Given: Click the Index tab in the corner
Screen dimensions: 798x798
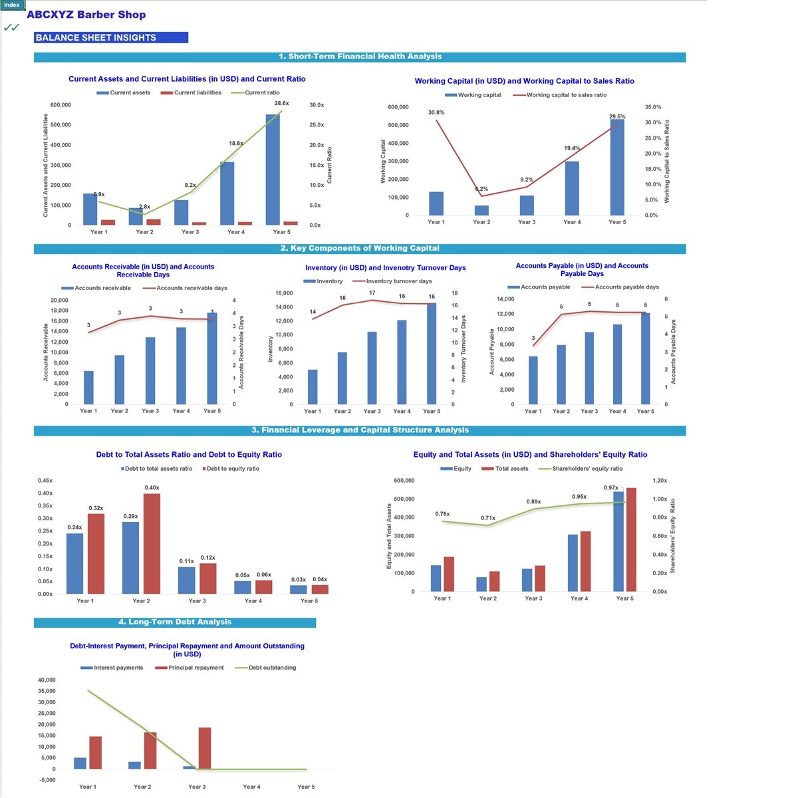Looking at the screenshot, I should [12, 5].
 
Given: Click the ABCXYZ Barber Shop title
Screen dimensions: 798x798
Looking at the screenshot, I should [86, 15].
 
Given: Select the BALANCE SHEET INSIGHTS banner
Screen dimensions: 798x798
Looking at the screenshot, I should [110, 38].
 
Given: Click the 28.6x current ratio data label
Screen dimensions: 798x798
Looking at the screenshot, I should [281, 104].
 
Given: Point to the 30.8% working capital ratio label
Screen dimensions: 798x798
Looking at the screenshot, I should [436, 113].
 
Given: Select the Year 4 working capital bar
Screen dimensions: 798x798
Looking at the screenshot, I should [572, 188].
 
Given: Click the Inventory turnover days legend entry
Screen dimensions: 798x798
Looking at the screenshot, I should [398, 281].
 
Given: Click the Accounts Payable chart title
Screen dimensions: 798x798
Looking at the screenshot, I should [582, 269].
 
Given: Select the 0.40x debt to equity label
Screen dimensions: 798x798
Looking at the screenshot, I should [152, 488].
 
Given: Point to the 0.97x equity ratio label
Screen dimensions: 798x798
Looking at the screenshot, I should [610, 488].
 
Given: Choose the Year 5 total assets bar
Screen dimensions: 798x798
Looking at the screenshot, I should [631, 539].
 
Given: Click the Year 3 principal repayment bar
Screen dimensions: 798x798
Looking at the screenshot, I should [204, 748].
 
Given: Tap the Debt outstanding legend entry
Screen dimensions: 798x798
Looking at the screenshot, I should [271, 668].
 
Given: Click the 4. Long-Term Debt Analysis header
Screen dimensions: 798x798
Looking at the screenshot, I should [175, 622].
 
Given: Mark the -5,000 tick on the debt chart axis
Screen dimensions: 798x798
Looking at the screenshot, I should [47, 780].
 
